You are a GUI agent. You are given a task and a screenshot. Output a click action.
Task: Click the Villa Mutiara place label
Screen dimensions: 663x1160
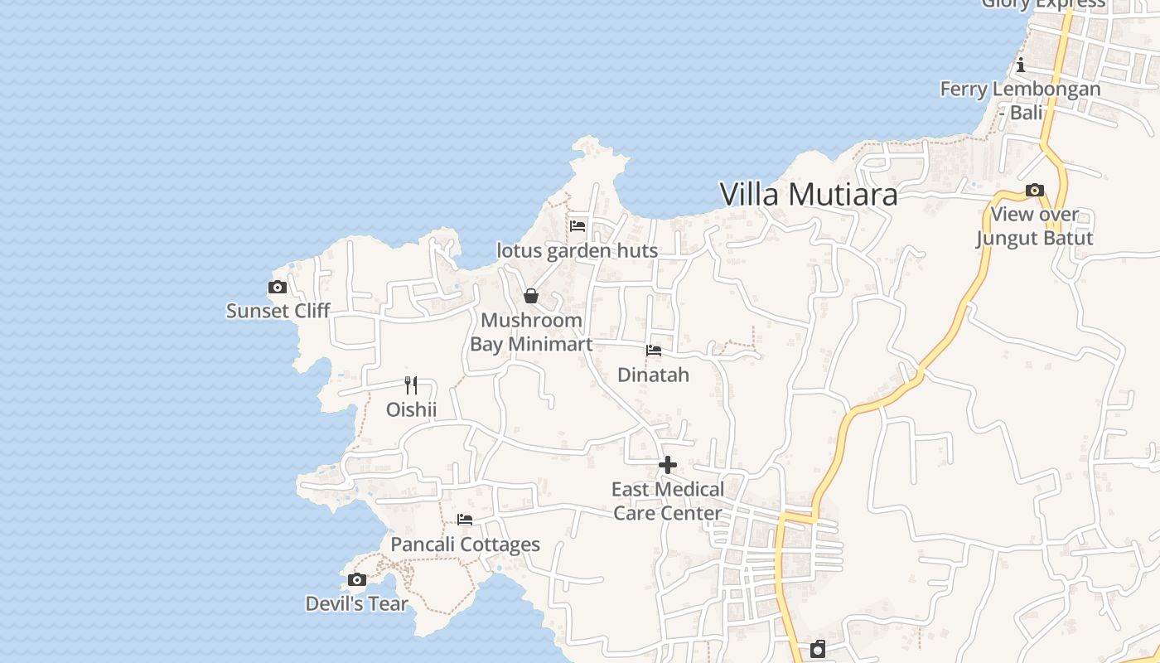(808, 195)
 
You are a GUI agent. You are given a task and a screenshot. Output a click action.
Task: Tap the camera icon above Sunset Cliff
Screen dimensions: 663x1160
(278, 288)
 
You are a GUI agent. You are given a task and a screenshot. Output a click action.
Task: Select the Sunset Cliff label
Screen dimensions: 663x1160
(278, 311)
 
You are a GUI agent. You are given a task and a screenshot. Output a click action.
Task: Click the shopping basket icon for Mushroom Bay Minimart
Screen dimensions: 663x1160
(531, 296)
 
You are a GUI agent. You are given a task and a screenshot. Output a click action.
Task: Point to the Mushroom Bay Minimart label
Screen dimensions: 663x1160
(531, 331)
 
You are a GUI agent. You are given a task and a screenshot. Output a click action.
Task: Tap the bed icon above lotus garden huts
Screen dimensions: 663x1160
(578, 225)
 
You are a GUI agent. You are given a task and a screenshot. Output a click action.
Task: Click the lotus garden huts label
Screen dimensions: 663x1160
(577, 250)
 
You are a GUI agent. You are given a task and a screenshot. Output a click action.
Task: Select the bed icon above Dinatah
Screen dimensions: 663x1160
(654, 351)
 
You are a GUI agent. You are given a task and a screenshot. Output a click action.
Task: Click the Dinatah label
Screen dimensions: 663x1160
(653, 375)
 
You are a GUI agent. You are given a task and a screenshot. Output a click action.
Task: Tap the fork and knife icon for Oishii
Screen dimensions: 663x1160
(411, 385)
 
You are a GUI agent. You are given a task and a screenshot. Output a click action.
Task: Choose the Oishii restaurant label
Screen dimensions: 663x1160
(411, 409)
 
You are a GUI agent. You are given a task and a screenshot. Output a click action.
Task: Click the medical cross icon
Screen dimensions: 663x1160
(668, 465)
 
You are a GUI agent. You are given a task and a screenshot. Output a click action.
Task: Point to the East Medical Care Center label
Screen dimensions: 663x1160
(668, 501)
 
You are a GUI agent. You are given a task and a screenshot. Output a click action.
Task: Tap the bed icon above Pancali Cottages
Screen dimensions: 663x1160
(465, 520)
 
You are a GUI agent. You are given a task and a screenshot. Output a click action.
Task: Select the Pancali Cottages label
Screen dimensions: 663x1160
(465, 544)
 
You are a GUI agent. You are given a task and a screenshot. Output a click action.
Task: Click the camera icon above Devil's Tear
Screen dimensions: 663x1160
(357, 579)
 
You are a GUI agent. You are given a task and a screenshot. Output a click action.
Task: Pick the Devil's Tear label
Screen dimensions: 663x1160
(356, 603)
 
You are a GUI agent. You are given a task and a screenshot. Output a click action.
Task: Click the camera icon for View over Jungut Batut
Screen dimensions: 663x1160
(1034, 191)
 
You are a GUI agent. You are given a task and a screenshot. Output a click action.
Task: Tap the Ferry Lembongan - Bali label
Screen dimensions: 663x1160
(1021, 99)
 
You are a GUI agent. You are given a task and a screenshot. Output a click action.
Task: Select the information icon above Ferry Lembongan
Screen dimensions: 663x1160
(1021, 65)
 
